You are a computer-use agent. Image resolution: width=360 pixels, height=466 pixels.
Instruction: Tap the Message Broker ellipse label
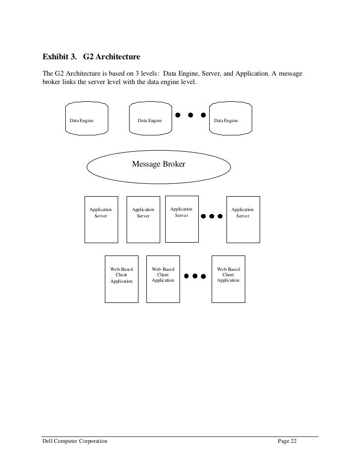[158, 164]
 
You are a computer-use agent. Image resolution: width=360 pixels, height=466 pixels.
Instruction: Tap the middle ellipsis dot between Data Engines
[190, 116]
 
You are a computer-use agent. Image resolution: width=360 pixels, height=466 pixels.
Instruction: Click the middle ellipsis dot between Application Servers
[212, 216]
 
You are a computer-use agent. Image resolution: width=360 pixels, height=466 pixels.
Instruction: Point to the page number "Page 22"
[286, 441]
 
